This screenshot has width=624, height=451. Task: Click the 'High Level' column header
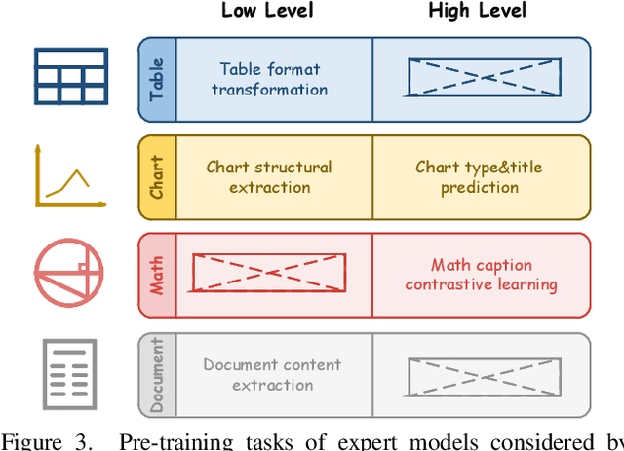(x=478, y=12)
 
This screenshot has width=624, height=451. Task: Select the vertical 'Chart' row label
(x=157, y=176)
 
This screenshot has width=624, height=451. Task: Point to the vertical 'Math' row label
(x=157, y=275)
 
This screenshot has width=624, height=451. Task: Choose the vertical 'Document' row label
(x=157, y=374)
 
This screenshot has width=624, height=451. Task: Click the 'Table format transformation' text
(x=269, y=79)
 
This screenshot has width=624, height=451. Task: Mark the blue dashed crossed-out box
(x=484, y=79)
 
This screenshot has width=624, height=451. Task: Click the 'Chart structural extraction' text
(x=269, y=176)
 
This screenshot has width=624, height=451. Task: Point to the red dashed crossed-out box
(x=269, y=274)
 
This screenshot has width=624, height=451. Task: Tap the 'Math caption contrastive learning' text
(x=481, y=275)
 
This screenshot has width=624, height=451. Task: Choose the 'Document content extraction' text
(x=272, y=375)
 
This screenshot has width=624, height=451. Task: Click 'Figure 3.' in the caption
(x=56, y=440)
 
